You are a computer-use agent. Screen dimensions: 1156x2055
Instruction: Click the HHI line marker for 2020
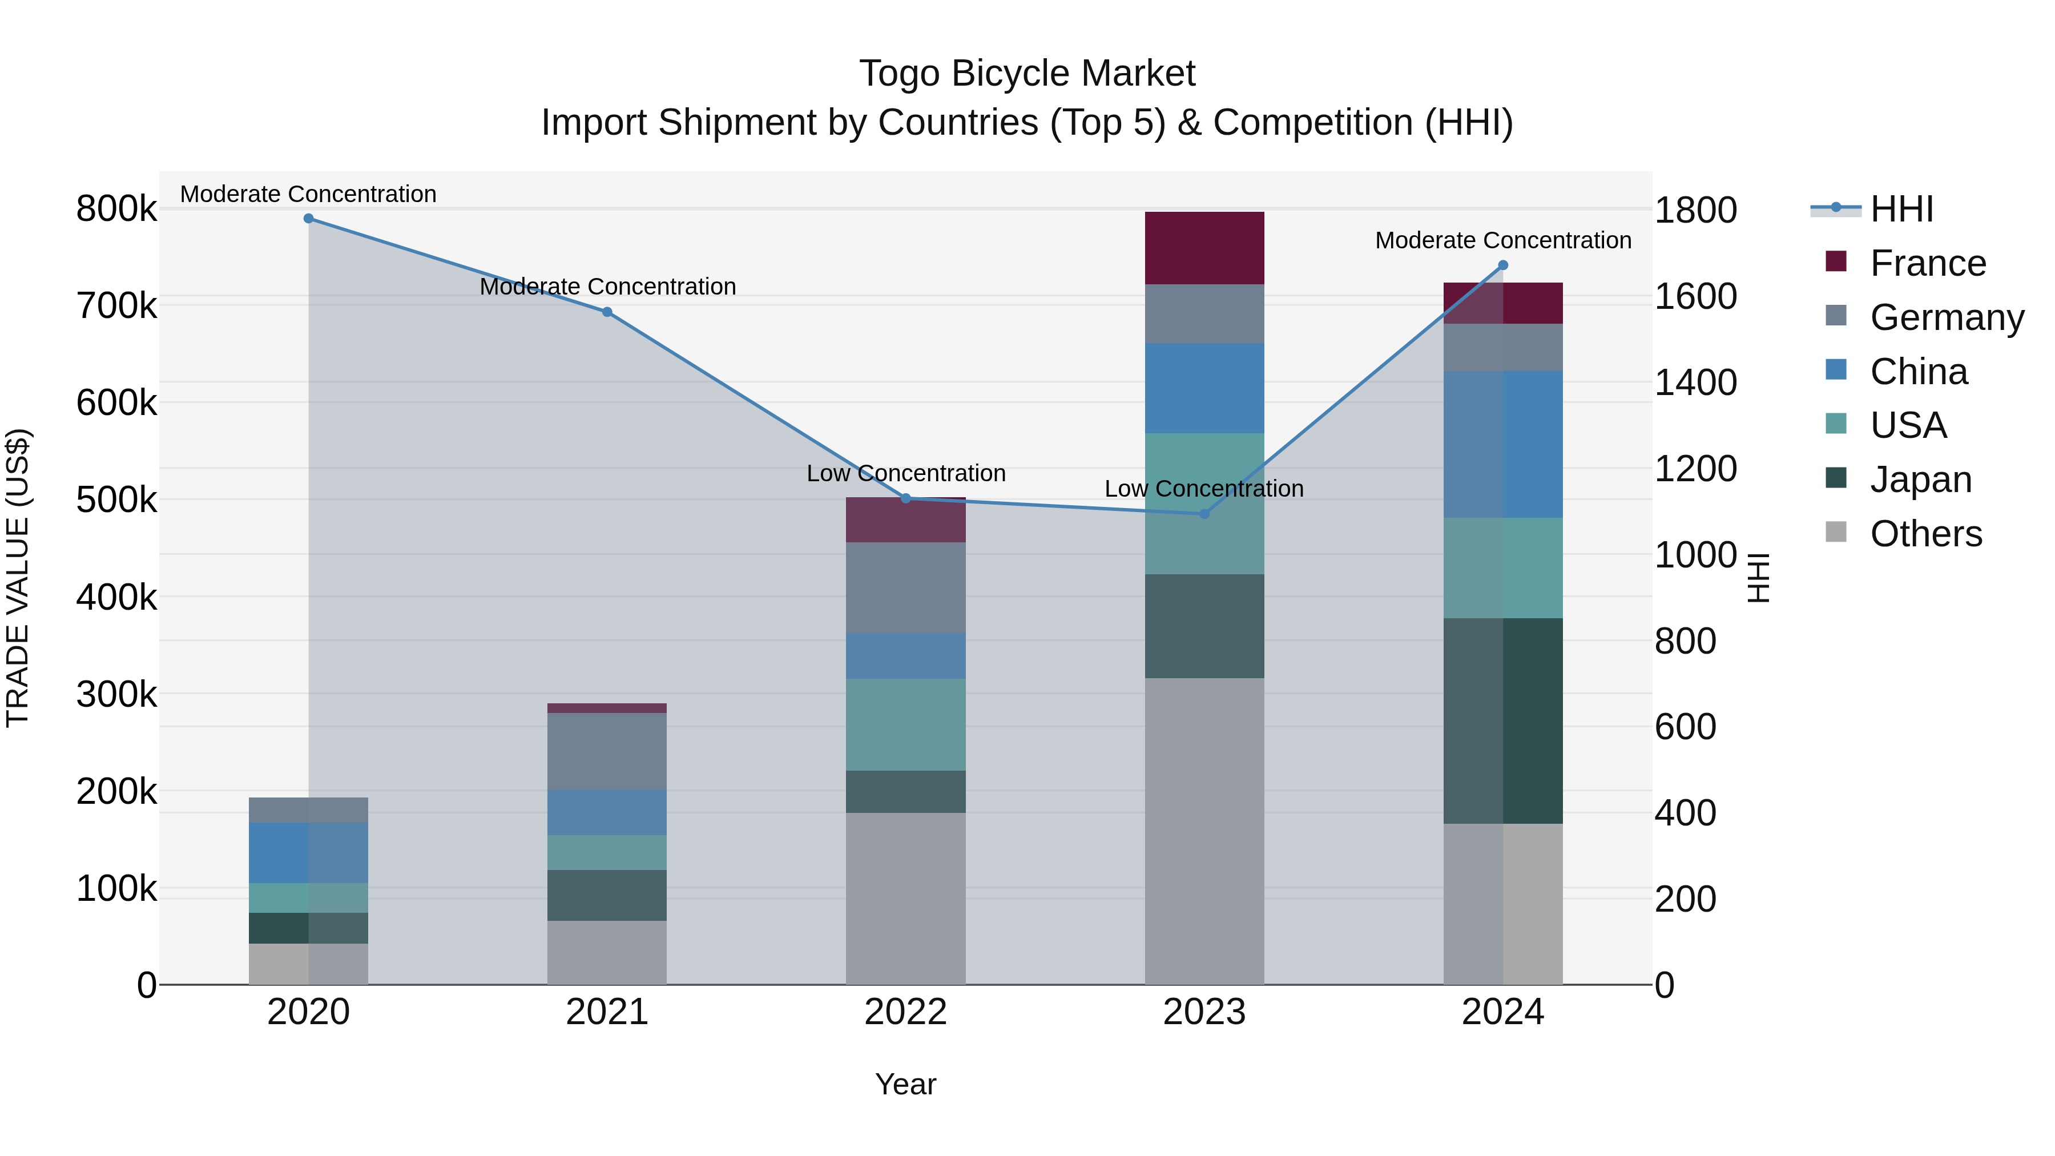pos(309,219)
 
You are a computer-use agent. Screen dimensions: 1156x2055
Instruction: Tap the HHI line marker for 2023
pos(1204,514)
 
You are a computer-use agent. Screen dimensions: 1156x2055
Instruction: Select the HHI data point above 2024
pos(1503,265)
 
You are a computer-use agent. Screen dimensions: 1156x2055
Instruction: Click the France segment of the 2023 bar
pos(1204,248)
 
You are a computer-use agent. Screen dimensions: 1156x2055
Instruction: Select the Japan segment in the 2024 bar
pos(1503,720)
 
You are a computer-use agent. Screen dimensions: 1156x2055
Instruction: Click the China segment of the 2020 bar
pos(309,852)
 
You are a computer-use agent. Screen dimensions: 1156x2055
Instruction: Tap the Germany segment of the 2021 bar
pos(607,751)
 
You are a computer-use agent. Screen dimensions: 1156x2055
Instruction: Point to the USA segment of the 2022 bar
pos(905,724)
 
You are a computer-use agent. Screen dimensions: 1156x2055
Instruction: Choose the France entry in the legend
pos(1927,263)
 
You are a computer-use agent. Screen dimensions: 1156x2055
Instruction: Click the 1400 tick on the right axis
pos(1695,382)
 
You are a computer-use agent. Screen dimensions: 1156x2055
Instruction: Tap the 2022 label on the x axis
pos(905,1012)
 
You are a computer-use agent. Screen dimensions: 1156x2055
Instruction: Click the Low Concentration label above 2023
pos(1204,488)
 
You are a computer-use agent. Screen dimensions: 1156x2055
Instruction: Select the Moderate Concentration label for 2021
pos(607,287)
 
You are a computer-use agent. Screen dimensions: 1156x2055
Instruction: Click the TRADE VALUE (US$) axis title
pos(18,578)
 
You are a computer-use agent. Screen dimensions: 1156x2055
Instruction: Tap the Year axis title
pos(905,1084)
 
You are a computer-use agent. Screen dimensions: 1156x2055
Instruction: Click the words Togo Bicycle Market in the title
pos(1027,74)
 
